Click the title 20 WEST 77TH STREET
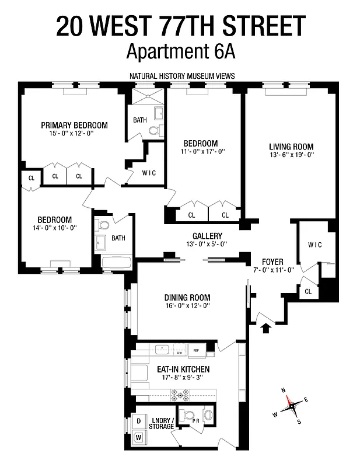(x=180, y=26)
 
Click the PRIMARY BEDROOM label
(x=74, y=125)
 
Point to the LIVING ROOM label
(x=291, y=147)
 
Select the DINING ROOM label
(x=187, y=297)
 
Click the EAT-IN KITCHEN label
(x=183, y=370)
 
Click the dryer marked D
(x=139, y=421)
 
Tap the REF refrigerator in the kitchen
(x=196, y=351)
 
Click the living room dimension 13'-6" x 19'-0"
(x=291, y=155)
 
